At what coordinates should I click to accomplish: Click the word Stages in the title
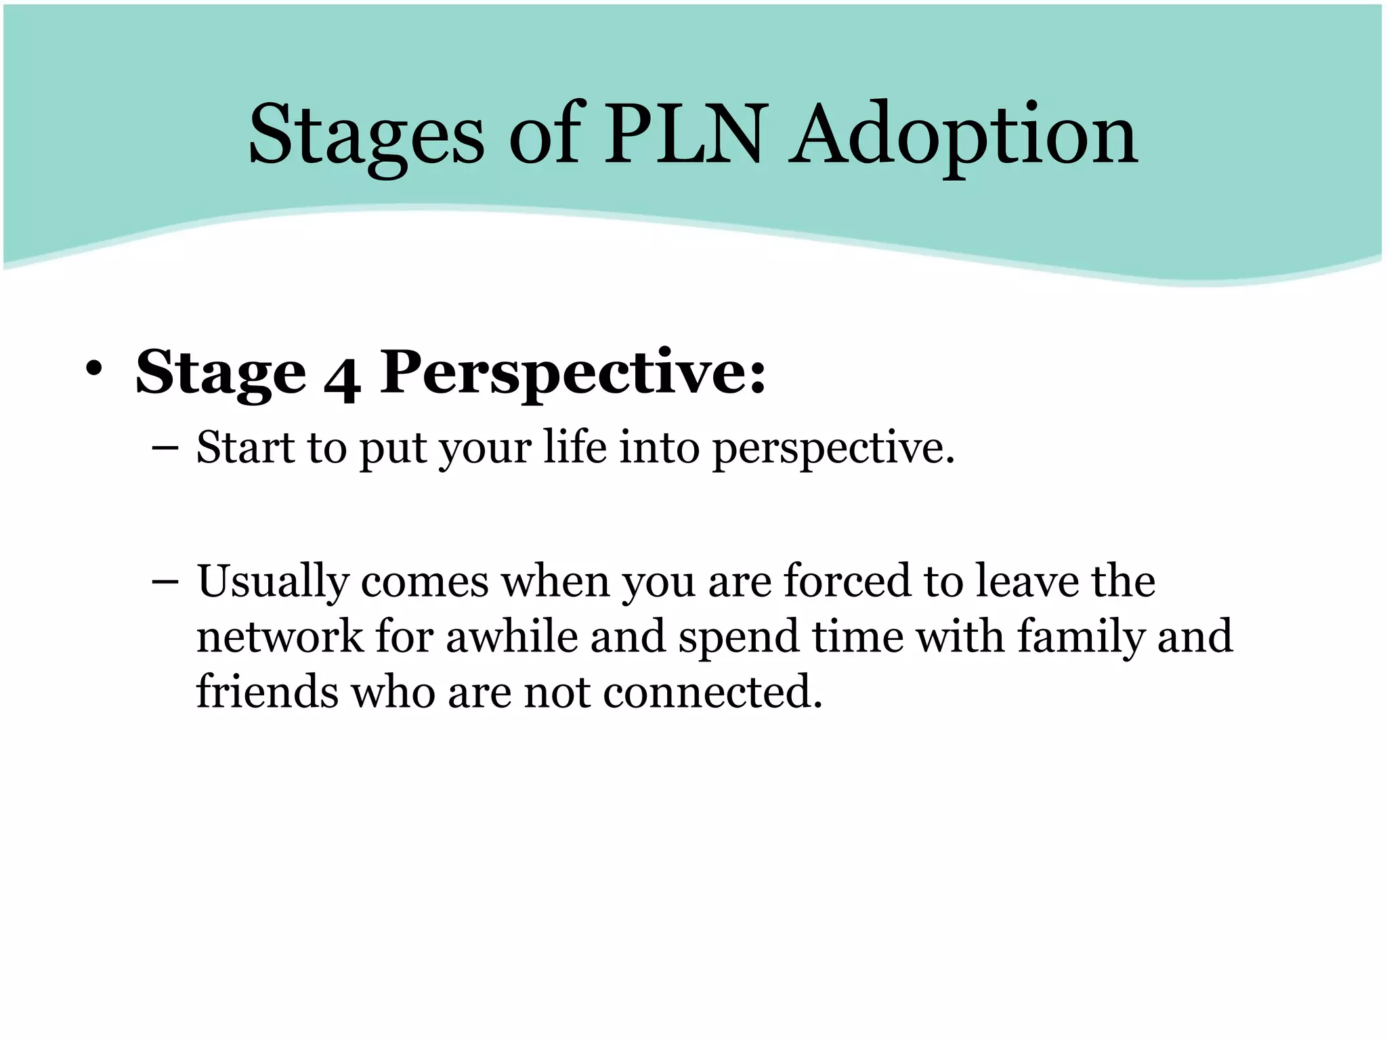click(x=366, y=135)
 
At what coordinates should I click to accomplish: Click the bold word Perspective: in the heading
click(x=572, y=374)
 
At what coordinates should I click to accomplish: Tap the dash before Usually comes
click(x=165, y=582)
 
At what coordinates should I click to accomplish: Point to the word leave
click(x=1025, y=581)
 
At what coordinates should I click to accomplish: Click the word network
click(x=280, y=636)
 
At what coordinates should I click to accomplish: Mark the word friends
click(x=267, y=692)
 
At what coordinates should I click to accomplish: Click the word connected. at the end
click(x=712, y=692)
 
